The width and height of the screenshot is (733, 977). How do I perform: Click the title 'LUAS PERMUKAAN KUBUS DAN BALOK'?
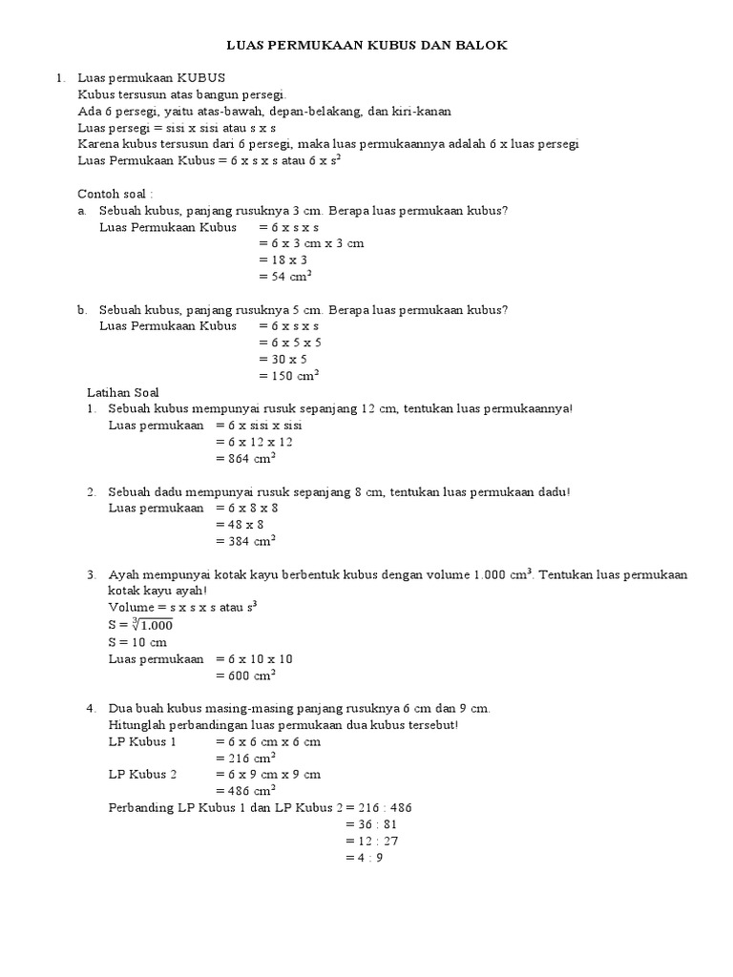tap(366, 44)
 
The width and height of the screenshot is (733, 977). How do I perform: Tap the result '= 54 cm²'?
tap(285, 276)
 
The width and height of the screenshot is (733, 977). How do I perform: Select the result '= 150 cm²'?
tap(288, 375)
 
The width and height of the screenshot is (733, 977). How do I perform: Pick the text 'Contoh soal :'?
tap(115, 193)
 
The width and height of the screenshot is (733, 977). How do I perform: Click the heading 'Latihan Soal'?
tap(123, 392)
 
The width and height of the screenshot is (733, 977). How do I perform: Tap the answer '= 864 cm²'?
tap(245, 458)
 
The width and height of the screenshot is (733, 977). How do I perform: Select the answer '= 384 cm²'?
tap(245, 540)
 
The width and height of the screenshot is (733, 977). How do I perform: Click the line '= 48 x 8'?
tap(240, 524)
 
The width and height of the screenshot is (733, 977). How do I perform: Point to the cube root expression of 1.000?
tap(153, 625)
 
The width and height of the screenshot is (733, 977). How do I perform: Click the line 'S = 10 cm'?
tap(137, 642)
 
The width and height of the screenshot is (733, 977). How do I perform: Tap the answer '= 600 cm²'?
tap(245, 676)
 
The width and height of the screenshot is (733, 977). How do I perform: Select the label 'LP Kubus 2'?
tap(142, 774)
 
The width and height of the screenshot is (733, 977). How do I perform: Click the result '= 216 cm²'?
tap(245, 758)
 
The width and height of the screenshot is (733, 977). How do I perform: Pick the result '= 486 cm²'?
tap(245, 790)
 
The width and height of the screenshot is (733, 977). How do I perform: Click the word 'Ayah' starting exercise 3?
tap(125, 575)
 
